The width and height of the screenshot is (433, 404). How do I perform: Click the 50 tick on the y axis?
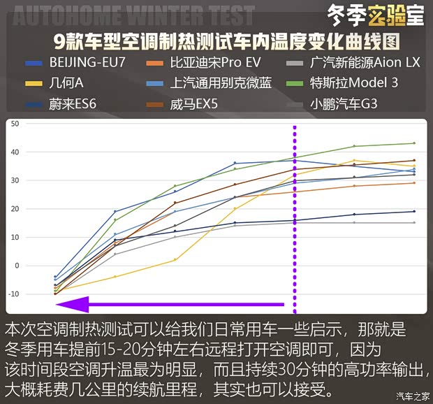tap(15, 124)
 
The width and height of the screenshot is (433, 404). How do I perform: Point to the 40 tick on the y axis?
tap(15, 152)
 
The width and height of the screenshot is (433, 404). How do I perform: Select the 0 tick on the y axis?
tap(16, 266)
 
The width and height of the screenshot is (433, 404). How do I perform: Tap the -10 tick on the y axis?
tap(13, 294)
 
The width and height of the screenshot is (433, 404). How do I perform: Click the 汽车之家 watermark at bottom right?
tap(412, 396)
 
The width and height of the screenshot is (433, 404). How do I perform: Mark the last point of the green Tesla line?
tap(414, 143)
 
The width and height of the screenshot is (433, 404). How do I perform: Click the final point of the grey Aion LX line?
tap(414, 223)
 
